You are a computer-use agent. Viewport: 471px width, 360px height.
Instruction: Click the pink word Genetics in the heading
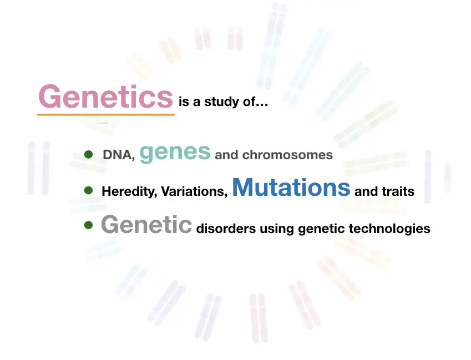coord(106,96)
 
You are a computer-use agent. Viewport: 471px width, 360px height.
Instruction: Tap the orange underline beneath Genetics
coord(106,114)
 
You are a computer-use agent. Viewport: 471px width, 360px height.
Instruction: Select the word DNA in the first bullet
coord(118,155)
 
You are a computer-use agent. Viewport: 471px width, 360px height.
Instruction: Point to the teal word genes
coord(175,153)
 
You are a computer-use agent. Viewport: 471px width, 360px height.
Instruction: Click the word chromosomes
coord(287,155)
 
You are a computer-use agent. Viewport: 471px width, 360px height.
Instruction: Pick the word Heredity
coord(129,191)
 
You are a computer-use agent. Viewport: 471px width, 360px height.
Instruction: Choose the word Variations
coord(194,191)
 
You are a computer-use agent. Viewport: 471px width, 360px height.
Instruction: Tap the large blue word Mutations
coord(291,187)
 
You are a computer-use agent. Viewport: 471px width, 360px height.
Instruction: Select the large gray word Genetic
coord(146,224)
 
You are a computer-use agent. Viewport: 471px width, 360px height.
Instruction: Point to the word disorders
coord(226,229)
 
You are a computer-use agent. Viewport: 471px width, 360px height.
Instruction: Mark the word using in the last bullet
coord(277,229)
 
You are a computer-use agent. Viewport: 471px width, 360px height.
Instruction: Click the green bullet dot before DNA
coord(88,154)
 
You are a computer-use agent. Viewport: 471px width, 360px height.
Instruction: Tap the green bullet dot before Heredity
coord(88,190)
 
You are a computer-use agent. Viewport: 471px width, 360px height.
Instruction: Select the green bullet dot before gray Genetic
coord(88,225)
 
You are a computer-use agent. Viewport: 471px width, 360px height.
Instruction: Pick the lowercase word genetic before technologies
coord(321,229)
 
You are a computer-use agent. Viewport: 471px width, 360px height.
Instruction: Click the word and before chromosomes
coord(226,155)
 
